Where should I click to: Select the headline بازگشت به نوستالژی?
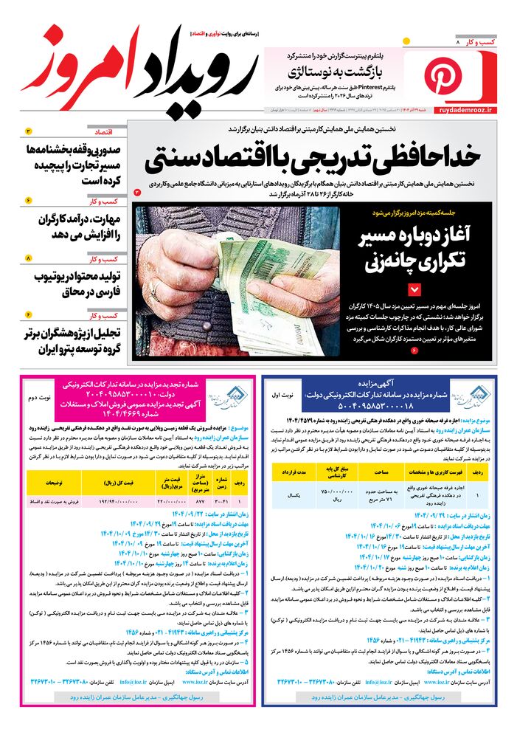point(336,71)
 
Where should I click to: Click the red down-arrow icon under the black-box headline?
point(414,289)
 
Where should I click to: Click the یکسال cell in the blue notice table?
point(293,495)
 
